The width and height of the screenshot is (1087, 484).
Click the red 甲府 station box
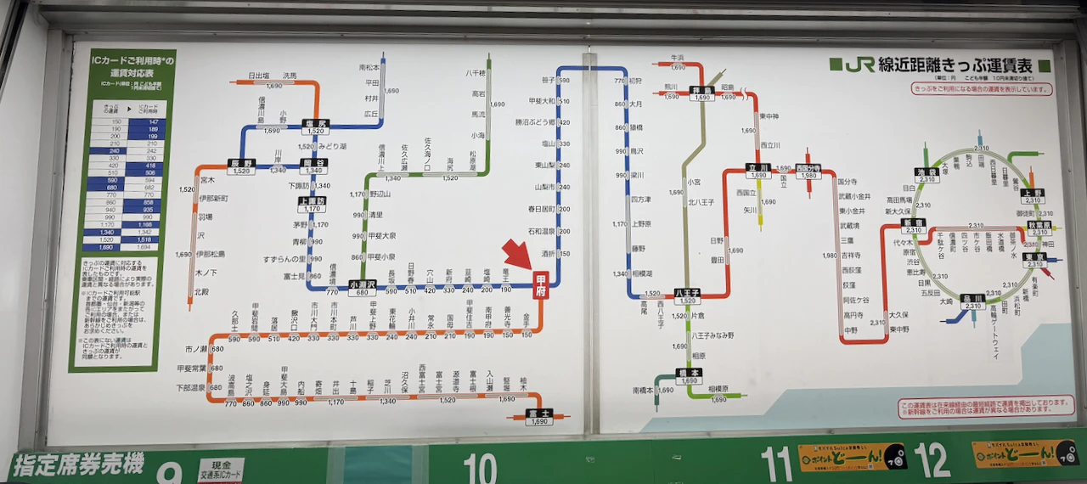tap(539, 286)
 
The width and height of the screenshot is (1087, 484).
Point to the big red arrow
tap(518, 256)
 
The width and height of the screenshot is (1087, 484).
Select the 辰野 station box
tap(242, 166)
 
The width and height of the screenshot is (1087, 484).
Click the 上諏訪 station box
tap(312, 205)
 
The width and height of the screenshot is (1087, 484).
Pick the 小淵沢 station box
tap(363, 288)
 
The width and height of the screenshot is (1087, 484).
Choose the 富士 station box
tap(538, 416)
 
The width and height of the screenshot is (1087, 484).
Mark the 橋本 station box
tap(688, 376)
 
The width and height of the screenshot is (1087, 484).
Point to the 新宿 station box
tap(914, 227)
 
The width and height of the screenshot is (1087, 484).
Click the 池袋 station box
tap(926, 175)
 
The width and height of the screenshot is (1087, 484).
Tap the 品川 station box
tap(973, 301)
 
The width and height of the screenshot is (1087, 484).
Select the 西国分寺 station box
tap(808, 172)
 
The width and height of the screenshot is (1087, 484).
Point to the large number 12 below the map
tap(932, 460)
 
